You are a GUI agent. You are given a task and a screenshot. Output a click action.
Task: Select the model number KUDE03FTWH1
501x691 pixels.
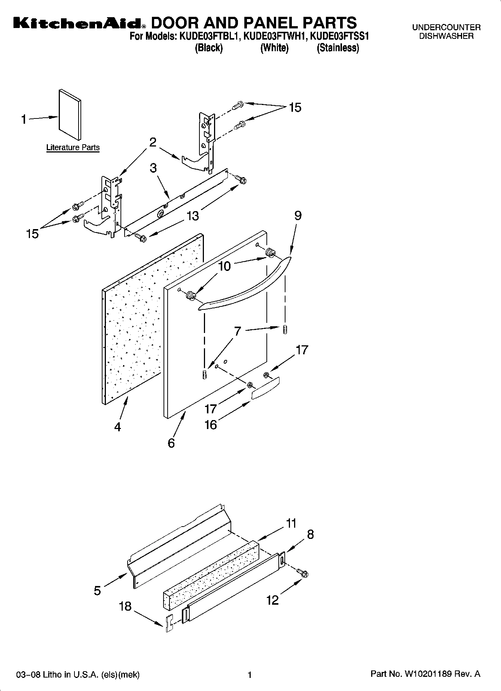click(x=275, y=37)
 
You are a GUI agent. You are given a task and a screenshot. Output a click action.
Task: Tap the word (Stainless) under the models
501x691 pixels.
click(x=338, y=48)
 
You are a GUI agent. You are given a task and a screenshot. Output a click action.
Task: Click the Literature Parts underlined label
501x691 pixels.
click(x=73, y=148)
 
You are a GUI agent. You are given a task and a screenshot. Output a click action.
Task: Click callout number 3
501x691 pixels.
click(x=153, y=168)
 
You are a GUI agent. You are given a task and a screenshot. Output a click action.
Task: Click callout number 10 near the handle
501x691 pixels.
click(x=224, y=266)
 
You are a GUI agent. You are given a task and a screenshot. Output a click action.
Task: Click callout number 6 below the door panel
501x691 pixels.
click(x=171, y=443)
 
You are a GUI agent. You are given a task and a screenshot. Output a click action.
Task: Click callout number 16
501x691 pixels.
click(x=211, y=425)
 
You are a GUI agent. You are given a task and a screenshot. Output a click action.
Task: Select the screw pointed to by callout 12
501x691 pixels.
click(x=302, y=573)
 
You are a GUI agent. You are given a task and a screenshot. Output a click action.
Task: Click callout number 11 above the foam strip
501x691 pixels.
click(x=291, y=523)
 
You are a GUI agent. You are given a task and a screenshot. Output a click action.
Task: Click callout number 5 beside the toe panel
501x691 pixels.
click(x=97, y=590)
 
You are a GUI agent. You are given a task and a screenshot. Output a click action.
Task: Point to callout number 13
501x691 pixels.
click(x=193, y=216)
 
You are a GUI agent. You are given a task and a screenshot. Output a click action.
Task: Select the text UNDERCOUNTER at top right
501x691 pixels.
click(x=446, y=27)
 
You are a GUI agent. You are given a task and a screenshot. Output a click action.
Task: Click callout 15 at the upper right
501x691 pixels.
click(x=295, y=108)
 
